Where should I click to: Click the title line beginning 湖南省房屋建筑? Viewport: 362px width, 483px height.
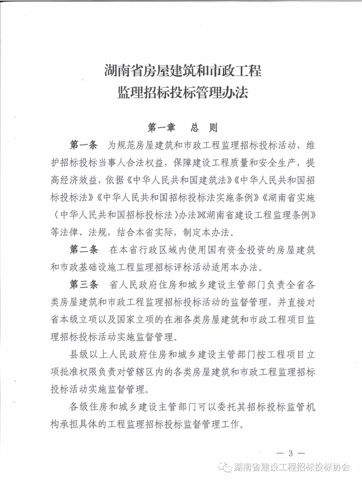183,70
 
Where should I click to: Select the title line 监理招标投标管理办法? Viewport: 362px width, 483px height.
183,92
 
